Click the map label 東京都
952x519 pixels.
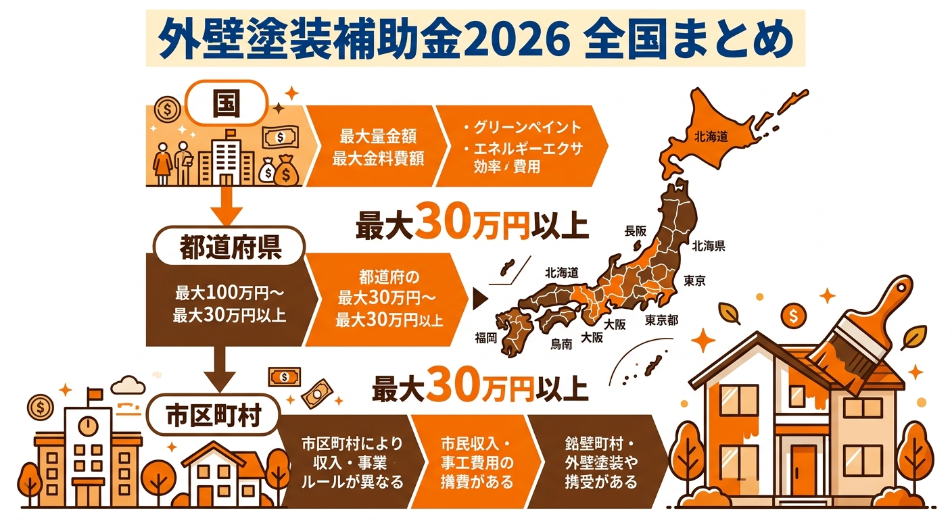point(661,319)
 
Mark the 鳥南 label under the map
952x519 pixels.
point(561,344)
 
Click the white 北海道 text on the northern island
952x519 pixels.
point(711,137)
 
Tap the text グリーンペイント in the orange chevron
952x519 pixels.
point(523,128)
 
